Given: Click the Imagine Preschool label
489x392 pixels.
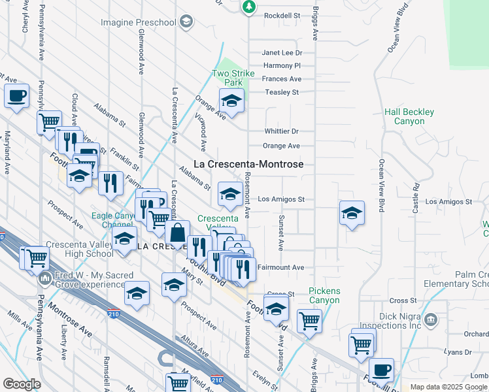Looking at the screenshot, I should pos(139,23).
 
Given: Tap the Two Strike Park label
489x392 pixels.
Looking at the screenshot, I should pos(228,78).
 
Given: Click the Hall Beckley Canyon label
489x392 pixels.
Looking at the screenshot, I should pos(409,117).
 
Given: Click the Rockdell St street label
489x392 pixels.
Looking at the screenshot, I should pos(281,15).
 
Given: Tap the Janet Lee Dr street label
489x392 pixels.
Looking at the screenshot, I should pos(282,53).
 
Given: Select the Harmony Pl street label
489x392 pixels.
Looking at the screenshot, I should pos(282,66).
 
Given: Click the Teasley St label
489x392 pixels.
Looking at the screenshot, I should pos(282,92).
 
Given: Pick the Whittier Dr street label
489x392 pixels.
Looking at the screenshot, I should pos(281,131).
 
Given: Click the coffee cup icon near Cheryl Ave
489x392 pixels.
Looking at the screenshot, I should pos(17,95).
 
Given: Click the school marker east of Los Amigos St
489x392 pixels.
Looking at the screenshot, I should pos(352,213).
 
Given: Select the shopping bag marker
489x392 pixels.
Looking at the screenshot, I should pos(177,232).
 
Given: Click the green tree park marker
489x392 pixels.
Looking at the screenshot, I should pos(248,7).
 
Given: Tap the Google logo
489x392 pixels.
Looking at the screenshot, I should pos(22,384).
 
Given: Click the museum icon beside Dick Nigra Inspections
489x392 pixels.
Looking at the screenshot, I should pos(430,319).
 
